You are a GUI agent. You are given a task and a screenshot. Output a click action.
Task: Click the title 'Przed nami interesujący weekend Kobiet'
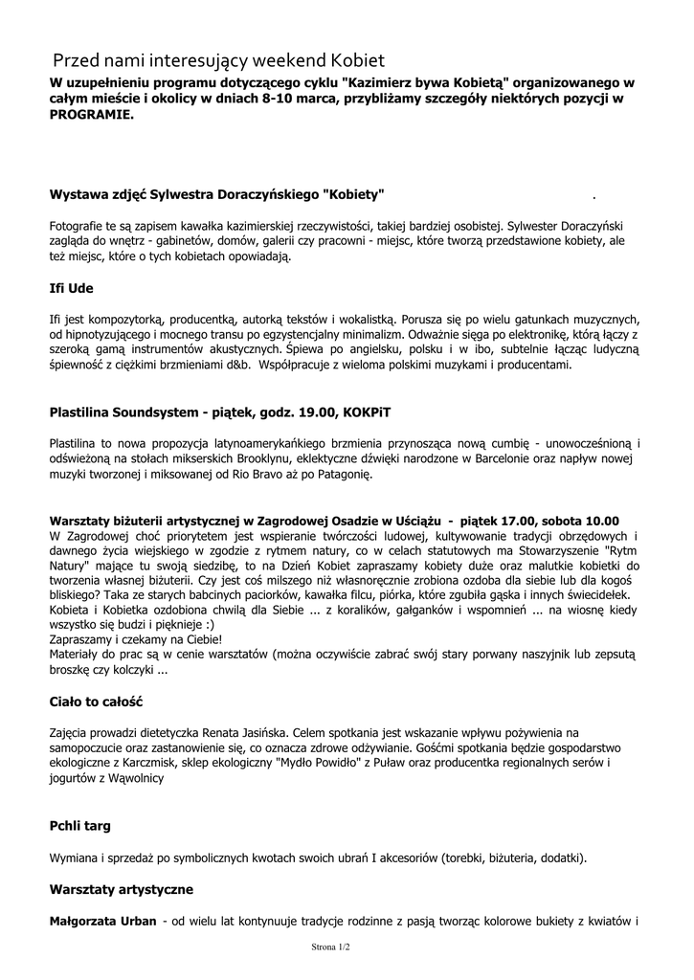click(218, 59)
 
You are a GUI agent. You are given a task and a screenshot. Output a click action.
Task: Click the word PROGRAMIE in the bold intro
click(92, 113)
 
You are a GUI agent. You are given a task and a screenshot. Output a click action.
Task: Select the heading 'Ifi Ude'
click(71, 288)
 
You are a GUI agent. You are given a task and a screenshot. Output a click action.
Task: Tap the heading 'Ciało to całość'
click(96, 702)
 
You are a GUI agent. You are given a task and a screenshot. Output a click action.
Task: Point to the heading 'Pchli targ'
click(80, 825)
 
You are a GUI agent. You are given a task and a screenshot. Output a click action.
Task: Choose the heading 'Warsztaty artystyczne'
click(121, 889)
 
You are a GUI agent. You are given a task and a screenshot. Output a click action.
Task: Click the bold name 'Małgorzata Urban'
click(102, 922)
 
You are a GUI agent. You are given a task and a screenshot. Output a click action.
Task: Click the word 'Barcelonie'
click(471, 459)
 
